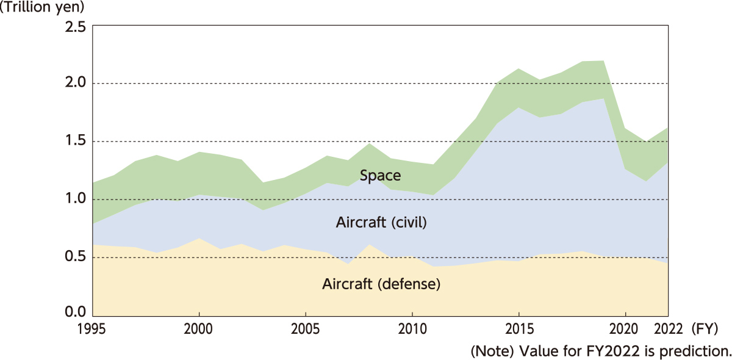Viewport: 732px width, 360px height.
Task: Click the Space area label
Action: (380, 176)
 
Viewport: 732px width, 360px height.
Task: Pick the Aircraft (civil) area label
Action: (381, 223)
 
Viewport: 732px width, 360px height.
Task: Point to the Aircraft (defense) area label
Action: (381, 284)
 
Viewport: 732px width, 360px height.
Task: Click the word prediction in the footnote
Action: (700, 351)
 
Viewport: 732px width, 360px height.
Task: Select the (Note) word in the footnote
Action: (488, 351)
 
